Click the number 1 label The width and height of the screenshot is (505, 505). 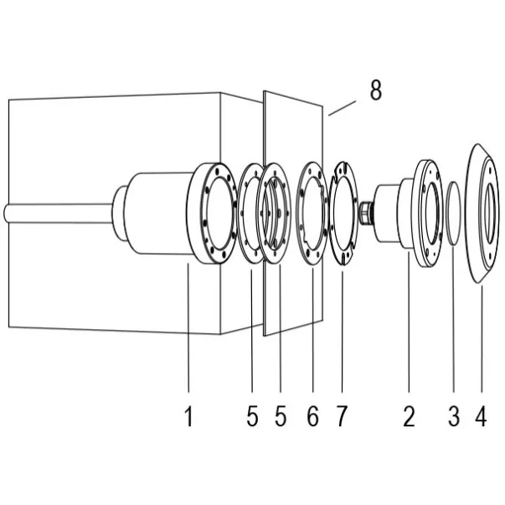pos(189,415)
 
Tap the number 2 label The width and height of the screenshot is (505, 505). pos(409,415)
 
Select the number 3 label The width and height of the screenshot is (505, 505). pos(454,415)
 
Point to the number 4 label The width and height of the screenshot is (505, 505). pos(481,415)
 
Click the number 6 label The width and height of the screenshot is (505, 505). pos(312,415)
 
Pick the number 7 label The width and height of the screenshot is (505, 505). pos(341,415)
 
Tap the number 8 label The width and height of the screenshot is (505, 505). pos(376,90)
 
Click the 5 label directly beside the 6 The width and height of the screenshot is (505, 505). pos(281,415)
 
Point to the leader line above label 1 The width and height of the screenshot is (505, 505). pos(189,335)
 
